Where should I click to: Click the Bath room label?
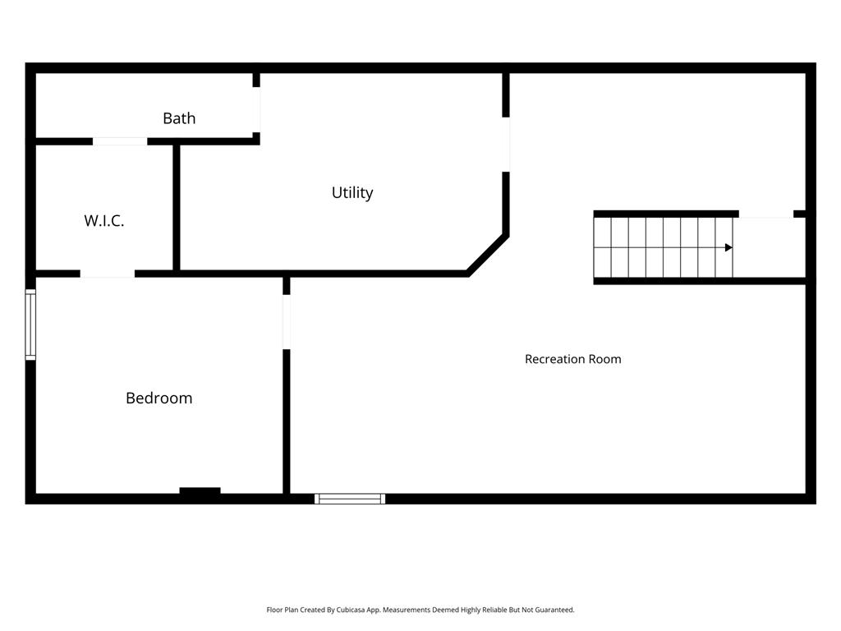click(179, 118)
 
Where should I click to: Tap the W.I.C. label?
click(104, 220)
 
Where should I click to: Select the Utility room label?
click(352, 192)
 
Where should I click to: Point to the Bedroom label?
click(159, 398)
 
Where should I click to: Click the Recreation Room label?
click(572, 359)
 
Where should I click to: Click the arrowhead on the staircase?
click(728, 247)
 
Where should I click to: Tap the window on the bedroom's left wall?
click(30, 325)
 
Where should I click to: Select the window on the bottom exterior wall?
click(350, 499)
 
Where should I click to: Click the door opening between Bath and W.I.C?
click(120, 141)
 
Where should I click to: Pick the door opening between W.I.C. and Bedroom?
click(108, 274)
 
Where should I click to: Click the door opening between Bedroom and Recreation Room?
click(287, 322)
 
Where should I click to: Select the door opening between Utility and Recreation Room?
click(506, 145)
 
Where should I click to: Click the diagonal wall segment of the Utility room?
click(488, 255)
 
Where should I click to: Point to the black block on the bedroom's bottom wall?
click(200, 491)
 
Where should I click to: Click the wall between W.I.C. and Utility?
click(177, 208)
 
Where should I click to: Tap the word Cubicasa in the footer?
click(350, 610)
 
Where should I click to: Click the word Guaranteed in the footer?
click(554, 610)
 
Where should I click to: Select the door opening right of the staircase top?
click(766, 214)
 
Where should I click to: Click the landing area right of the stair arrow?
click(769, 248)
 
